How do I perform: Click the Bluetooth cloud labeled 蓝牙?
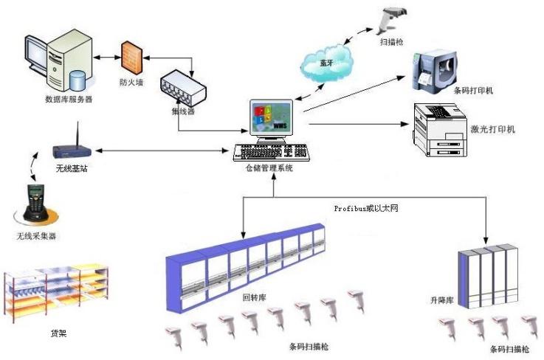click(x=326, y=63)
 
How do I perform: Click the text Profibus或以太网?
click(x=365, y=210)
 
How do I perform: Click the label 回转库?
click(x=254, y=299)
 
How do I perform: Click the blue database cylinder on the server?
click(x=75, y=77)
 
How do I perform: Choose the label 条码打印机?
click(x=474, y=91)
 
